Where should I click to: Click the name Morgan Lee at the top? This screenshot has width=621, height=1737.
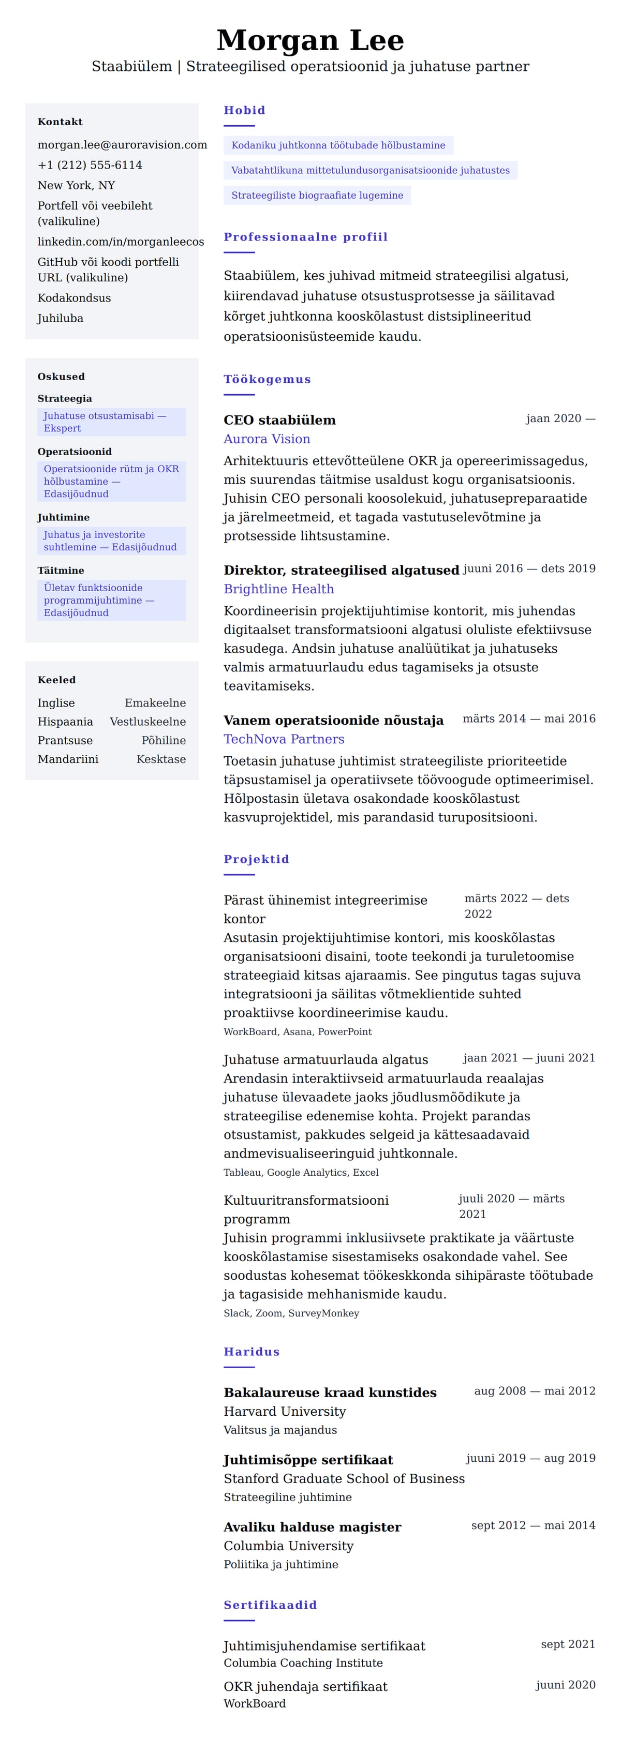[x=310, y=40]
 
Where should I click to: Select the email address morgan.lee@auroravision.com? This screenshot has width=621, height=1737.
[x=122, y=145]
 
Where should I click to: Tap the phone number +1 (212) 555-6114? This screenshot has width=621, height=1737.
[x=90, y=165]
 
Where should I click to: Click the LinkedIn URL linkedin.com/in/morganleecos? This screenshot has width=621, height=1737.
[x=121, y=242]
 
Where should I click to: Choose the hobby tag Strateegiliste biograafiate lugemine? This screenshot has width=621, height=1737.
[x=317, y=196]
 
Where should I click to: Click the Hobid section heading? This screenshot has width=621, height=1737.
[x=244, y=110]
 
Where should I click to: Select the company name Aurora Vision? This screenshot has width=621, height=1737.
[x=267, y=439]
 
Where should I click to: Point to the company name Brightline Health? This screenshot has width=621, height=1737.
[x=278, y=589]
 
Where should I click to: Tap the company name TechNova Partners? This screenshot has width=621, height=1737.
[x=284, y=739]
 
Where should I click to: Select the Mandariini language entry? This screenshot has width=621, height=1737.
[x=68, y=759]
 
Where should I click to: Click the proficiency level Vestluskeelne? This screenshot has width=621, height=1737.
[x=147, y=722]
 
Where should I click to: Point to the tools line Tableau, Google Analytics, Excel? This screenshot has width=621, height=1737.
[x=301, y=1173]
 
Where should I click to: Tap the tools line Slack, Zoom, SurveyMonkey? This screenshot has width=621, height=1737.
[x=291, y=1313]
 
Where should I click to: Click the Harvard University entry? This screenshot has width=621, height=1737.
[x=285, y=1411]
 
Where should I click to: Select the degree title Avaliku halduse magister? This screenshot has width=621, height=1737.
[x=312, y=1526]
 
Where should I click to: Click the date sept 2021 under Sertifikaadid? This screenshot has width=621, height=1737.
[x=568, y=1644]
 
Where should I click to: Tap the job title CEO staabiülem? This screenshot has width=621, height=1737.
[x=279, y=420]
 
